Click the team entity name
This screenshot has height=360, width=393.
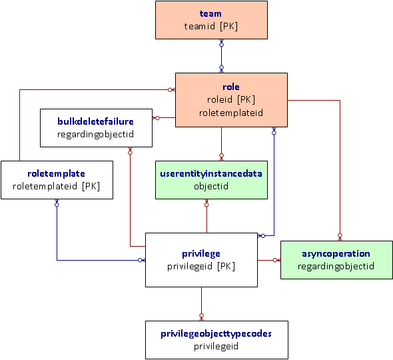coord(211,13)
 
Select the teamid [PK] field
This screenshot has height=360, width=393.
coord(211,27)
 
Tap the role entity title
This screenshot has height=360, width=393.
coord(231,87)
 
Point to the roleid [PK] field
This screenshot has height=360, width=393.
coord(231,99)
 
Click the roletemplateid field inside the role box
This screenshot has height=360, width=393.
coord(231,113)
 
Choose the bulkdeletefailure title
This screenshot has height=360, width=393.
coord(96,121)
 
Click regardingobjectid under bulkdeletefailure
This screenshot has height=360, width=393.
coord(96,134)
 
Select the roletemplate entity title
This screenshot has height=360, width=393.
coord(57,173)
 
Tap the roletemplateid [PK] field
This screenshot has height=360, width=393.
coord(57,186)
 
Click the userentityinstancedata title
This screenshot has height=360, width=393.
coord(211,173)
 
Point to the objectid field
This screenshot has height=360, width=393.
coord(211,186)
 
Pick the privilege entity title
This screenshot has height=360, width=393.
coord(201,253)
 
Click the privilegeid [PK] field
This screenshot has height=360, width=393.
coord(201,266)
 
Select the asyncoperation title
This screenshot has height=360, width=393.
coord(336,253)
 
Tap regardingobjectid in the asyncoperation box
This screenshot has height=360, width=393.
coord(336,266)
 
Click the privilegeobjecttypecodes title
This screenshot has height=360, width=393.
coord(216,333)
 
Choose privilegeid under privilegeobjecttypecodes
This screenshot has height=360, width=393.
coord(216,346)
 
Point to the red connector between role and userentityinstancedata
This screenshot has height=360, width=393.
coord(221,143)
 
